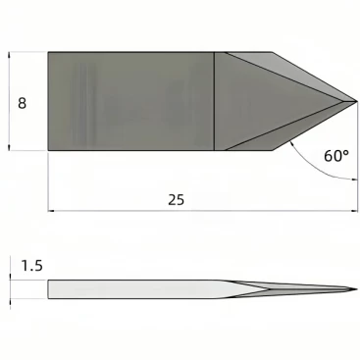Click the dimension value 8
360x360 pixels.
pyautogui.click(x=22, y=103)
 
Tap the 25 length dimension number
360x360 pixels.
pyautogui.click(x=177, y=199)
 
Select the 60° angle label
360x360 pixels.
pyautogui.click(x=336, y=156)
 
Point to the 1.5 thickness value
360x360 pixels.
pyautogui.click(x=32, y=266)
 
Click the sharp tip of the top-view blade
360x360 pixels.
pyautogui.click(x=357, y=101)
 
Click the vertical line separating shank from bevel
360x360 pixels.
pyautogui.click(x=214, y=101)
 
